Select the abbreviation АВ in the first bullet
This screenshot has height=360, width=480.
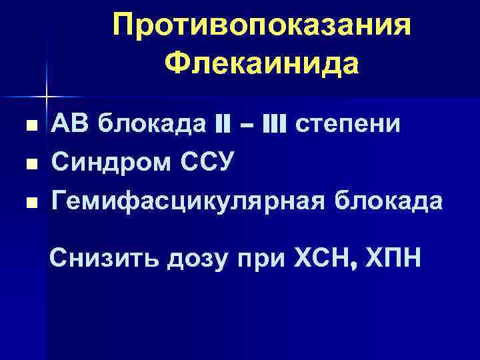click(x=71, y=125)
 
